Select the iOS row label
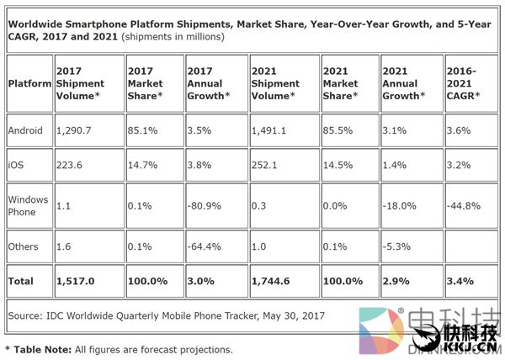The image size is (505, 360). [18, 166]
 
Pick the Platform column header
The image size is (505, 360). [29, 83]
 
